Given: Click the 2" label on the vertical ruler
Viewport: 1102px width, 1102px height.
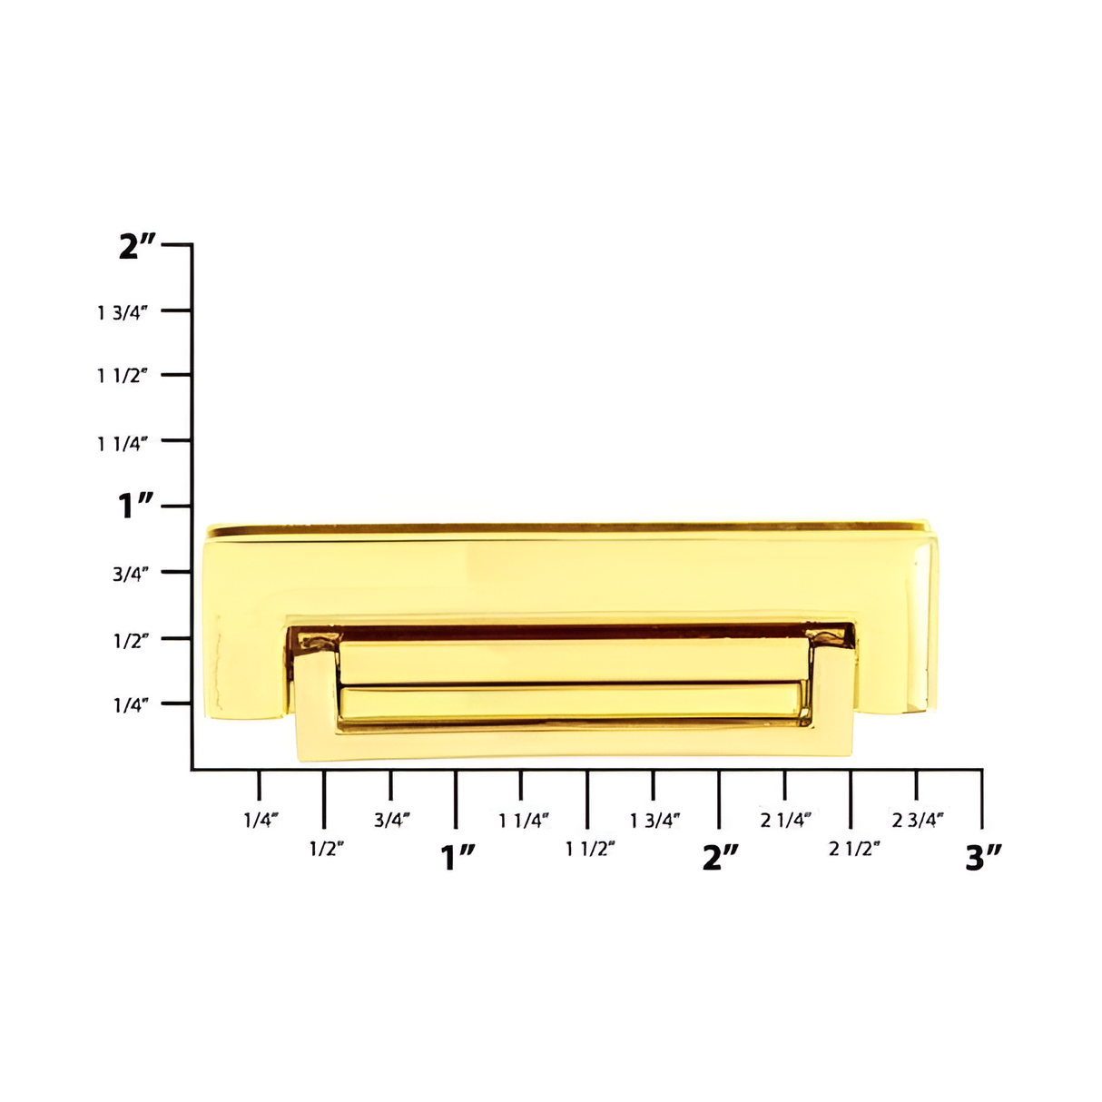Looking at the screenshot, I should pos(137,246).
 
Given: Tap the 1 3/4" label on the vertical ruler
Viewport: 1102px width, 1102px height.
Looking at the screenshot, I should pos(123,312).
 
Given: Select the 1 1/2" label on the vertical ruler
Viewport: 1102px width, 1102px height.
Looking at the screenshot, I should pos(123,376).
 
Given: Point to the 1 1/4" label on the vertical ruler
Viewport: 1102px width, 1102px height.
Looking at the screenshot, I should pos(123,443).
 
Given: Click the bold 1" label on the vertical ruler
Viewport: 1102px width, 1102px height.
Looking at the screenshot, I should pos(137,507).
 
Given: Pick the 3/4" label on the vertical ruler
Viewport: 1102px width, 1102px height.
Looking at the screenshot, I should pos(131,574).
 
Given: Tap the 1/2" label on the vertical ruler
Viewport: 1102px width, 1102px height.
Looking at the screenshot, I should pos(131,640).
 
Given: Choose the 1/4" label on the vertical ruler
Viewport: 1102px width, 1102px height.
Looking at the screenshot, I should pos(131,705).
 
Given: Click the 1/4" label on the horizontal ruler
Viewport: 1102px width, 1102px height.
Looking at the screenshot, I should pos(261,820).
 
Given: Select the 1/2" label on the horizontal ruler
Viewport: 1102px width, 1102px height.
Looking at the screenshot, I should pos(327,849).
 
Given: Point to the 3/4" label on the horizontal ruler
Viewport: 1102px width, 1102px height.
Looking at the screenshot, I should pos(392,820).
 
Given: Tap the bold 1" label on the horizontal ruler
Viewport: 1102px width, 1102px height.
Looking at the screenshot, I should pos(458,857).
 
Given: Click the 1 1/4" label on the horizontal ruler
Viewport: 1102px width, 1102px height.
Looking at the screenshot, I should pos(524,820).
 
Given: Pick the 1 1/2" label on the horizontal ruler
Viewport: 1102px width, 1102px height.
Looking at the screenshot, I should pos(591,849).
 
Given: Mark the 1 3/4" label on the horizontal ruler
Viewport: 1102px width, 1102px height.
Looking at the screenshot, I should pos(655,820).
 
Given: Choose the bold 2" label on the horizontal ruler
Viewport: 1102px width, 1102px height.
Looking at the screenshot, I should pos(721,857).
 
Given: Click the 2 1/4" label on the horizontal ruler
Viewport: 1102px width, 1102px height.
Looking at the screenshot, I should pos(786,820).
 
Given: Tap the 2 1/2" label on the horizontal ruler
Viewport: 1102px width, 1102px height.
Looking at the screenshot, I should pos(855,849).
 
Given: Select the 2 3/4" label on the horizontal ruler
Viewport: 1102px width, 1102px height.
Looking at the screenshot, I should pos(918,820).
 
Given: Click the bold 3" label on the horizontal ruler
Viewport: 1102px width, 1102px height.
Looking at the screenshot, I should pos(983,857).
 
